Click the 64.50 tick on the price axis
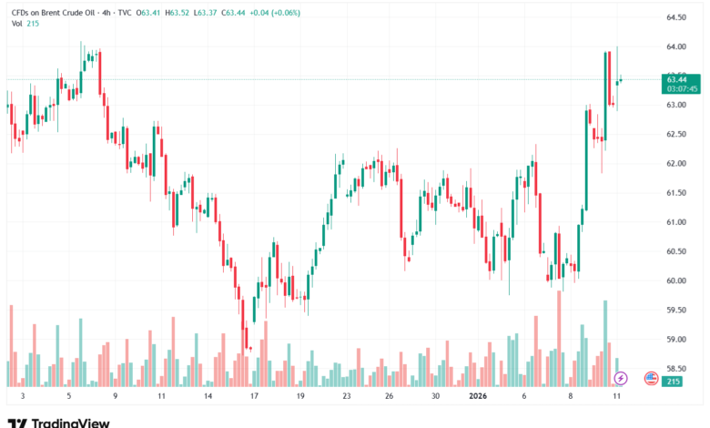pyautogui.click(x=675, y=17)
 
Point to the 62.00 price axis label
pyautogui.click(x=675, y=164)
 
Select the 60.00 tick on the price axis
pyautogui.click(x=675, y=280)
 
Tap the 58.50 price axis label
pyautogui.click(x=675, y=369)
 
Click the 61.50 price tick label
pyautogui.click(x=675, y=193)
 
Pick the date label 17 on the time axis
pyautogui.click(x=255, y=397)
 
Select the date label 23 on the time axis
pyautogui.click(x=347, y=397)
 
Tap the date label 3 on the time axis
pyautogui.click(x=21, y=397)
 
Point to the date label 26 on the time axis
pyautogui.click(x=389, y=397)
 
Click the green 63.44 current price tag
pyautogui.click(x=676, y=79)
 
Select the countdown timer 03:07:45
pyautogui.click(x=682, y=89)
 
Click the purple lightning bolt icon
pyautogui.click(x=621, y=377)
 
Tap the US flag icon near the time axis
pyautogui.click(x=651, y=377)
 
